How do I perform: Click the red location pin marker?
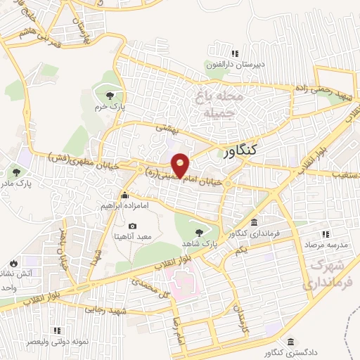(181, 165)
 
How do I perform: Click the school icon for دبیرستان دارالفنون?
(236, 53)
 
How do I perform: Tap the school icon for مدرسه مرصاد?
(324, 233)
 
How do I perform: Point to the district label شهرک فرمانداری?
(327, 275)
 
